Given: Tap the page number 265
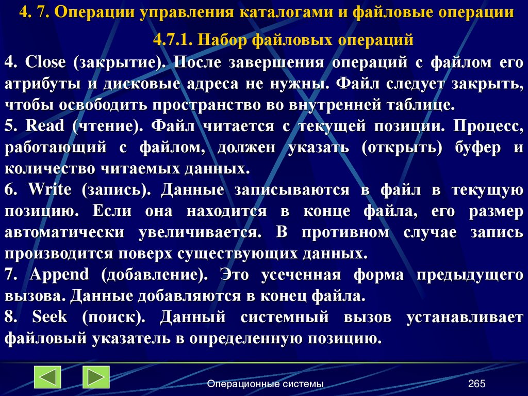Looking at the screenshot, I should coord(477,384).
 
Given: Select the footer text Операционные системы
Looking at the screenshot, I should coord(266,384).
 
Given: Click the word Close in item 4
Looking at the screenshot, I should coord(45,62).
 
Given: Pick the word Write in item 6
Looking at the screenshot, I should coord(49,189).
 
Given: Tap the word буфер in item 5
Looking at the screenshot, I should coord(477,148).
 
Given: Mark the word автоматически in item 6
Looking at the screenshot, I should coord(64,232).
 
